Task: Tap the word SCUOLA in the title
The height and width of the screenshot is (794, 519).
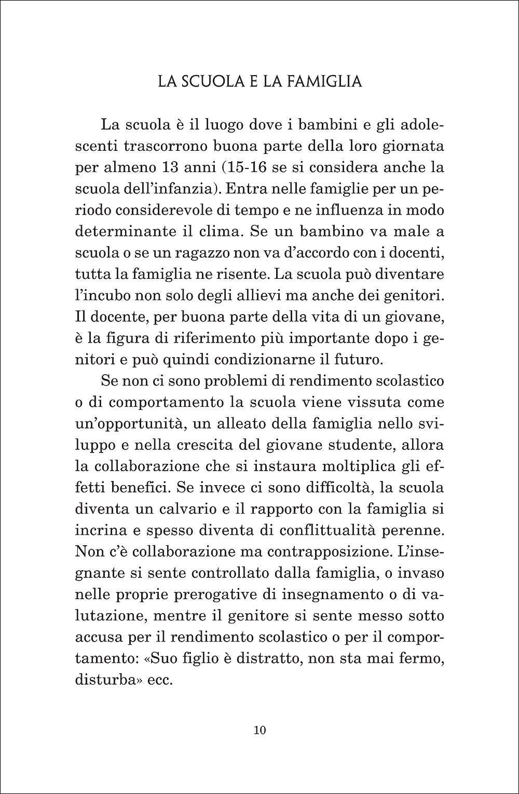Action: click(x=215, y=82)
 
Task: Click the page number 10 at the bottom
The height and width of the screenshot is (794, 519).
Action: click(x=260, y=731)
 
